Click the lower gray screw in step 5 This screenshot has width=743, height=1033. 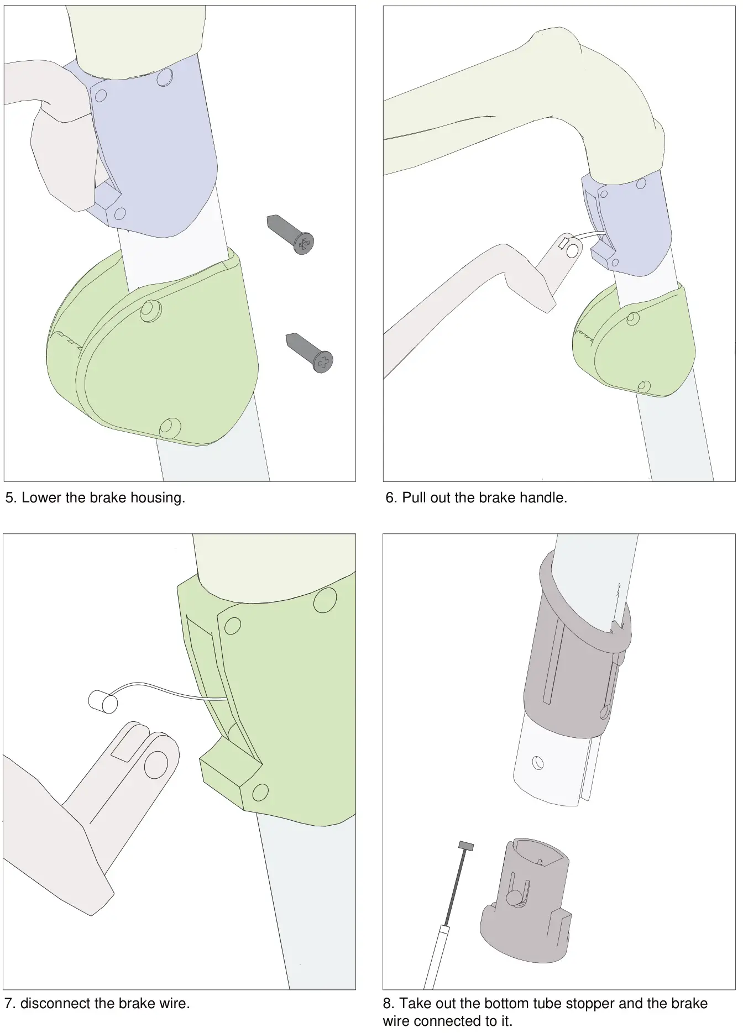click(x=310, y=353)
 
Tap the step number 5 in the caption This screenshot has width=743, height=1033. click(x=10, y=498)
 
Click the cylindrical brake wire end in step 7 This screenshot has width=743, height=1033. click(x=103, y=701)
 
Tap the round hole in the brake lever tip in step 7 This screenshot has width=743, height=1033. click(x=156, y=765)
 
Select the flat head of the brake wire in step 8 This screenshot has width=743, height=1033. click(x=467, y=846)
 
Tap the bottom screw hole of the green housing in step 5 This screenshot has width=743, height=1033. click(x=170, y=427)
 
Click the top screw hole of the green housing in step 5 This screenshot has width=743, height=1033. click(x=150, y=310)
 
